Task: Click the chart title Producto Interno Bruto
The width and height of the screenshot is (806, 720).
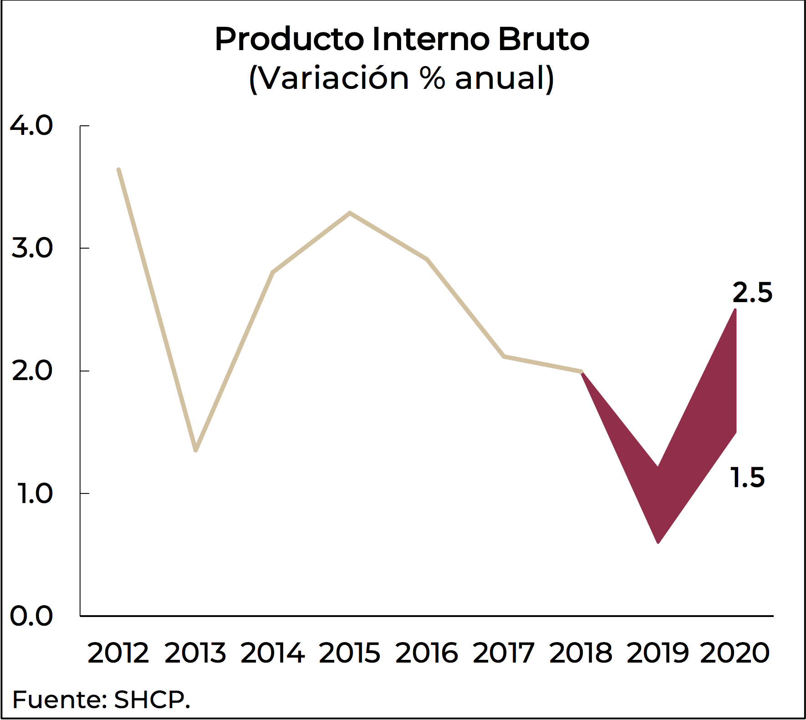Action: pos(402,39)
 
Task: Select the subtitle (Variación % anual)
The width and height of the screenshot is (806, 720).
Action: pos(402,78)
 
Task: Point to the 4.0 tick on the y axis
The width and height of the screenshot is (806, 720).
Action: pos(31,125)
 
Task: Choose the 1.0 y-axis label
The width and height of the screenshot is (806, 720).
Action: pos(34,494)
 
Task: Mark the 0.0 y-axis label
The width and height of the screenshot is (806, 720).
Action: pos(31,616)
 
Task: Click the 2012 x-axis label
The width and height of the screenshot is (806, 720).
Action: pos(118,653)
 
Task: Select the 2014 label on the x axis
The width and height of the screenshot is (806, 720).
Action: pos(272,653)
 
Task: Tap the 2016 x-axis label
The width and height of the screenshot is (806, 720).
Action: pos(427,653)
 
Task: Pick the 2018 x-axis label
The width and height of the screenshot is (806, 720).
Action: pos(581,653)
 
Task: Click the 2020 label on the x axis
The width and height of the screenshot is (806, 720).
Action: pos(735,653)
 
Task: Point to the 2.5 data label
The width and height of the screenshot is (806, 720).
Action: pos(752,293)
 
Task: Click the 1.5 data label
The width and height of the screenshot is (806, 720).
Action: pos(748,478)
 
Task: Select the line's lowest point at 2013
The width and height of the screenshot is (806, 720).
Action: pos(196,450)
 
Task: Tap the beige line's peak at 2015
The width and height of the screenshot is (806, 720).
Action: pos(350,213)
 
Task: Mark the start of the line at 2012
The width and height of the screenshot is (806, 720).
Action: pos(118,170)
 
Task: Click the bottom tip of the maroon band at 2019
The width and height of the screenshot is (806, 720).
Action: pos(658,542)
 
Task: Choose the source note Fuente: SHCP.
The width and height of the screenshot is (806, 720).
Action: pos(101,700)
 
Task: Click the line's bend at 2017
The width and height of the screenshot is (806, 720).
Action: pos(504,356)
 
